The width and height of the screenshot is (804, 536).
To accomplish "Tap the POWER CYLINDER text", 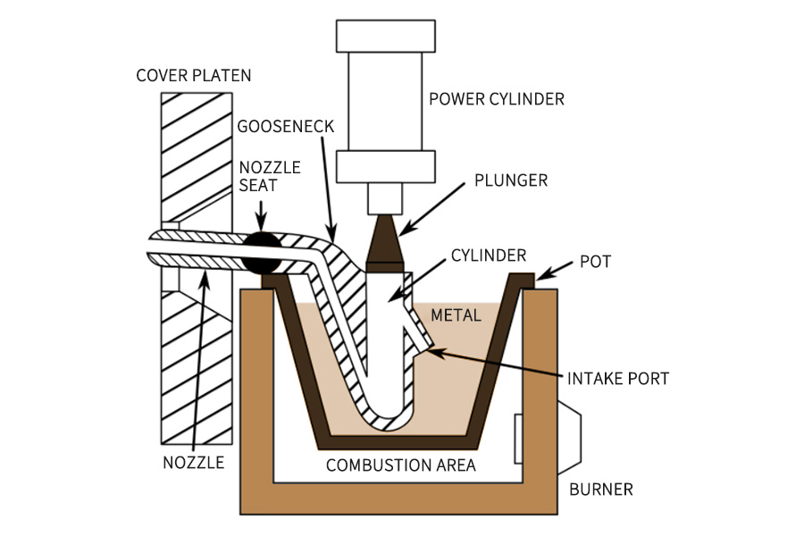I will [x=497, y=98].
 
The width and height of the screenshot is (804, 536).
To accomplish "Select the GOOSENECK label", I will [x=286, y=126].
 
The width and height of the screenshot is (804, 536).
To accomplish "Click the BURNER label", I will [x=601, y=490].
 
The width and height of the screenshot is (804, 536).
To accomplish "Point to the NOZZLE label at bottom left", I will [x=193, y=463].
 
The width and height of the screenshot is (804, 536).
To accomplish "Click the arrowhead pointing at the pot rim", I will [x=541, y=273].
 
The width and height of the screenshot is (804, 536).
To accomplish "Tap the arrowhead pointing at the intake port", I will [x=434, y=348].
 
